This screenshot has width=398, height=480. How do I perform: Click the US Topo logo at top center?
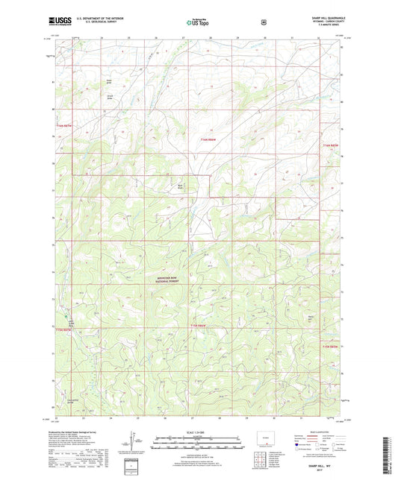[197, 22]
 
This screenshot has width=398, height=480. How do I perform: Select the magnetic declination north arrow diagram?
[133, 440]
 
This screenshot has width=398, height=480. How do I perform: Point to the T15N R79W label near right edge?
[329, 347]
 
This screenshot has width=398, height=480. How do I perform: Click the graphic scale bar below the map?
[197, 440]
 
